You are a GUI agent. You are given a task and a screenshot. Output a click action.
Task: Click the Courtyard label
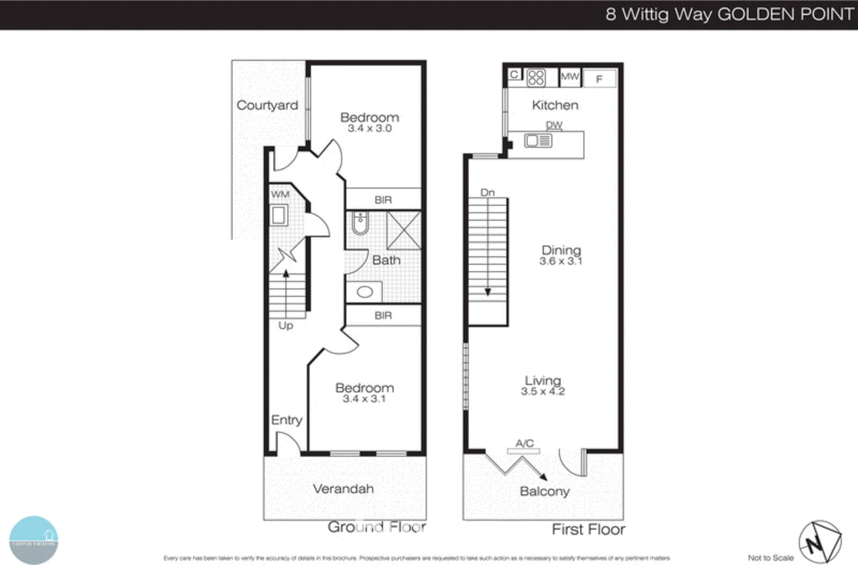point(267,105)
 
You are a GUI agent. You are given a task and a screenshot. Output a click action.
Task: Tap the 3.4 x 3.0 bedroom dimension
point(369,129)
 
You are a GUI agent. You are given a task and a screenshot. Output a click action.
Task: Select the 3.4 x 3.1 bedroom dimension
point(364,399)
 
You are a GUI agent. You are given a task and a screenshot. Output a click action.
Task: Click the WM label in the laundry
point(280,195)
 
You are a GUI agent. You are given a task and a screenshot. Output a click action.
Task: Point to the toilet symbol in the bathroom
point(360,223)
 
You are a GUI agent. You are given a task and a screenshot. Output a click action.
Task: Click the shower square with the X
point(403,231)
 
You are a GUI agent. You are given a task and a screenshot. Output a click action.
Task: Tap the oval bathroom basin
point(365,292)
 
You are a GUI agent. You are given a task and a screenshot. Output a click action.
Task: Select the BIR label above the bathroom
point(383,200)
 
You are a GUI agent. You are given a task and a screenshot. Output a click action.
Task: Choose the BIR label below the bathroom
point(383,316)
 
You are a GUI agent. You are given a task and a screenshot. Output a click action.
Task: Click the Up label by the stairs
point(285,325)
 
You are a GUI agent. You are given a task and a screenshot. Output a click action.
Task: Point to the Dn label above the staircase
point(487,192)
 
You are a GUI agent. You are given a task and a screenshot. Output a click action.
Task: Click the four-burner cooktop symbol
point(536,78)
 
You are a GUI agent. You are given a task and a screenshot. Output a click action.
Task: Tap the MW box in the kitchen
point(569,77)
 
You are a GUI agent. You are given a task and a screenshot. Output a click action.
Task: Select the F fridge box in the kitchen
point(599,79)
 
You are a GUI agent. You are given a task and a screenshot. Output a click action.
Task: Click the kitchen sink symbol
point(538,141)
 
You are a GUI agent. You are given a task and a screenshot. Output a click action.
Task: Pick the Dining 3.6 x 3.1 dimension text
point(560,262)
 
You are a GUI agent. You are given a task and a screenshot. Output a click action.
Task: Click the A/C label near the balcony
point(524,443)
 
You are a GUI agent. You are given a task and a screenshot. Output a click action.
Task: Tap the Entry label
point(286,420)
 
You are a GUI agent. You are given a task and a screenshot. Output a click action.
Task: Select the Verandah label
point(343,489)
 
